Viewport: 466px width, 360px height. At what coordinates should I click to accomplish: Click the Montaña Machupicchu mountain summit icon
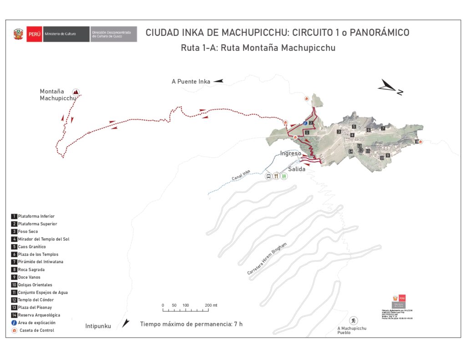coord(76,91)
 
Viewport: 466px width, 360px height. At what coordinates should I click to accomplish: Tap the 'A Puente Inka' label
coord(191,82)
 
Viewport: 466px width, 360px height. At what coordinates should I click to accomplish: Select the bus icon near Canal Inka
coord(268,176)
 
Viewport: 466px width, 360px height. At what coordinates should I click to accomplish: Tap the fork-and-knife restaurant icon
coord(276,176)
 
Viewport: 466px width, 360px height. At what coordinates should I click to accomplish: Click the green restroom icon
coord(284,176)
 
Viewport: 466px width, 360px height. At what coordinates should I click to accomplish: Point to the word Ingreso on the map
coord(290,153)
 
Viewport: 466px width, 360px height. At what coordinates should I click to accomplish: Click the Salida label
coord(296,169)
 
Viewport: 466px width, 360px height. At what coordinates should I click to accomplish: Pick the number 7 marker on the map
coord(383,128)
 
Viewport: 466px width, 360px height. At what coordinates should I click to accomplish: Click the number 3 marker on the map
coord(339,132)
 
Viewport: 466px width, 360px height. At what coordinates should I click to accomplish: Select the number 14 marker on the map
coord(350,151)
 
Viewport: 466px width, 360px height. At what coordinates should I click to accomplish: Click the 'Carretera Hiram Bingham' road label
coord(267,259)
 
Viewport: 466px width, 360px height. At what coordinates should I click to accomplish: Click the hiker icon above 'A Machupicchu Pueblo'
coord(354,320)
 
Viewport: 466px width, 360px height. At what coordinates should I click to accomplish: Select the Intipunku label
coord(98,326)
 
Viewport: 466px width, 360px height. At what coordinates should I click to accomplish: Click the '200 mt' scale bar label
coord(211,305)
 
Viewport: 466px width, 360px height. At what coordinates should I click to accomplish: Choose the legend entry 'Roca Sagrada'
coord(31,269)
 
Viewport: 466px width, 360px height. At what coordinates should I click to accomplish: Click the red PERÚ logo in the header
coord(34,34)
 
